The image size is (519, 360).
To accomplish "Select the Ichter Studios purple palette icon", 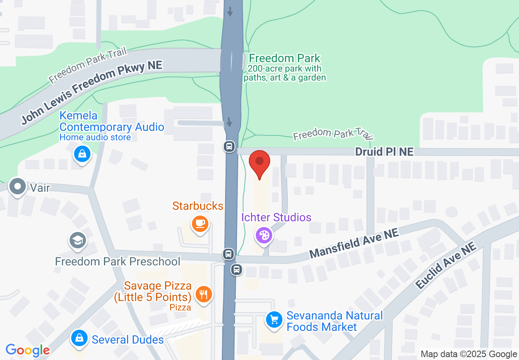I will [264, 235].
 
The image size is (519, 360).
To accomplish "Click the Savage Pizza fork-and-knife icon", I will [203, 293].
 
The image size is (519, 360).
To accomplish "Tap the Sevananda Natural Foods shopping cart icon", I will [274, 319].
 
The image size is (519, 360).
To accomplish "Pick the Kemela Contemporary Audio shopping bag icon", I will [82, 154].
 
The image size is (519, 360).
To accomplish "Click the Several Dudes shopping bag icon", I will [79, 338].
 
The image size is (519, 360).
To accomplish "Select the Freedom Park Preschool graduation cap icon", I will [77, 240].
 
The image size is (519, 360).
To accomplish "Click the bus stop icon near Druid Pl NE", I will [229, 146].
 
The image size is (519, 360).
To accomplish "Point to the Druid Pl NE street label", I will [384, 152].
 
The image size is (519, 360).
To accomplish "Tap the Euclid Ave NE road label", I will [446, 265].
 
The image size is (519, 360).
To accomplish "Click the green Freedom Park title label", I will [284, 59].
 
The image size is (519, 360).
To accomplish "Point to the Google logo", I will [28, 350].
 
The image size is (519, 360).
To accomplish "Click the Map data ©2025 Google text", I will [469, 354].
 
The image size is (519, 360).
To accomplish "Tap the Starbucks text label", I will [198, 206].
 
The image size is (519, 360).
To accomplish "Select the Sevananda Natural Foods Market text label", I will [334, 321].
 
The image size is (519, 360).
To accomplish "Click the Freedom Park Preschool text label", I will [118, 261].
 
